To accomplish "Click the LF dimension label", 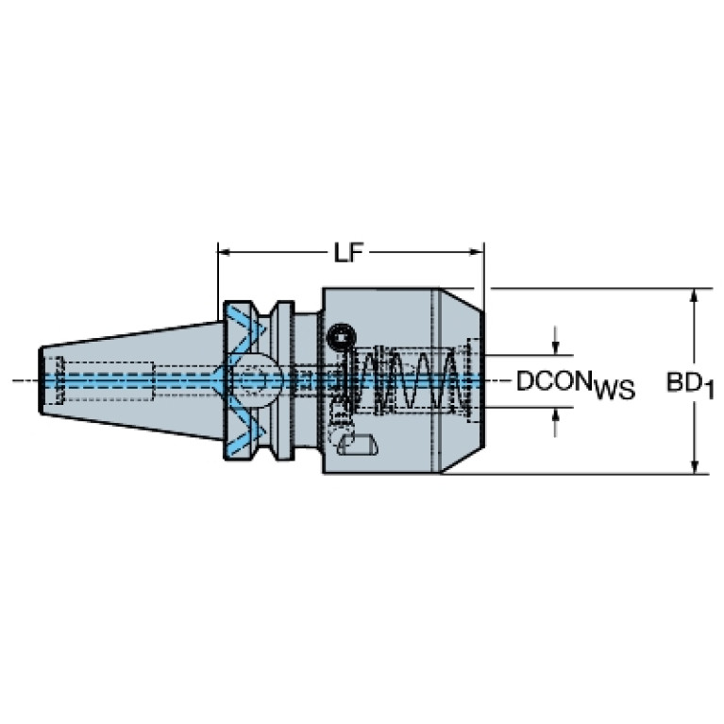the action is point(348,253).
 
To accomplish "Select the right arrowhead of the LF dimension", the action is point(477,252).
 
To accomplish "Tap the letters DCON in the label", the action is point(554,381).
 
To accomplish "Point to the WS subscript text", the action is point(615,390).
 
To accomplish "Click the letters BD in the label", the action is point(684,382).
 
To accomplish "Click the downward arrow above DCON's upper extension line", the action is point(556,341).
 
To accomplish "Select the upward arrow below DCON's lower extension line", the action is point(556,423).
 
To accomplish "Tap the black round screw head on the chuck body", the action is point(342,337).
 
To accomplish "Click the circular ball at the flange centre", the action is point(256,381).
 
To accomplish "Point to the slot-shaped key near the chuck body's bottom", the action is point(358,445).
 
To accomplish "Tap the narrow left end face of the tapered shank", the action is point(42,381).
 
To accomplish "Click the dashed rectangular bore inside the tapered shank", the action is point(107,381).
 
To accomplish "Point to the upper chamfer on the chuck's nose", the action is point(461,299).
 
